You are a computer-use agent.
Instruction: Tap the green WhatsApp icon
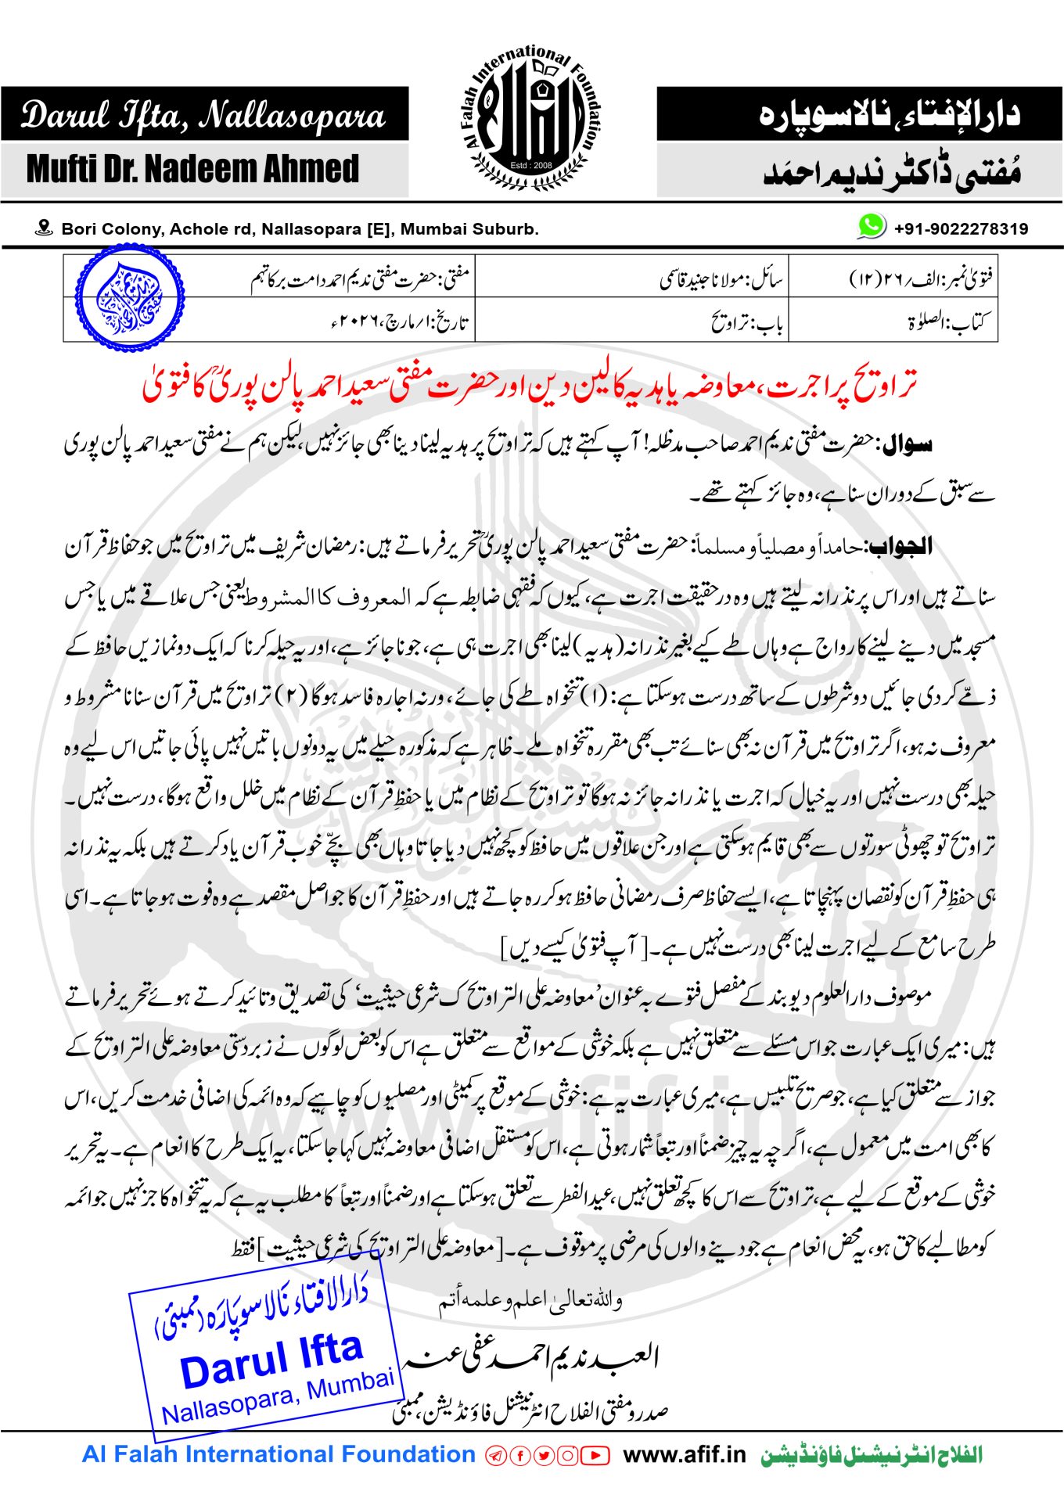tap(871, 227)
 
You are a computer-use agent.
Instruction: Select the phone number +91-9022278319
tap(961, 228)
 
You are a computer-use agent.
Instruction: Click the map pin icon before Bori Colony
tap(45, 228)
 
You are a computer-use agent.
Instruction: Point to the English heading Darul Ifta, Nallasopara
tap(203, 115)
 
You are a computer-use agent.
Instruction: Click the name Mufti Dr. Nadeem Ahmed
tap(192, 169)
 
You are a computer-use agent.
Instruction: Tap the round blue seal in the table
tap(130, 297)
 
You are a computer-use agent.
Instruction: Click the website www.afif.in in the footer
tap(684, 1455)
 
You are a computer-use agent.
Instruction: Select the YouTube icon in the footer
tap(595, 1456)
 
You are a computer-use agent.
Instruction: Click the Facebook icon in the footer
tap(519, 1456)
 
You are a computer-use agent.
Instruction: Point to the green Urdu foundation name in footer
tap(871, 1455)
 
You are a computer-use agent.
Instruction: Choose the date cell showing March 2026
tap(399, 322)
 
